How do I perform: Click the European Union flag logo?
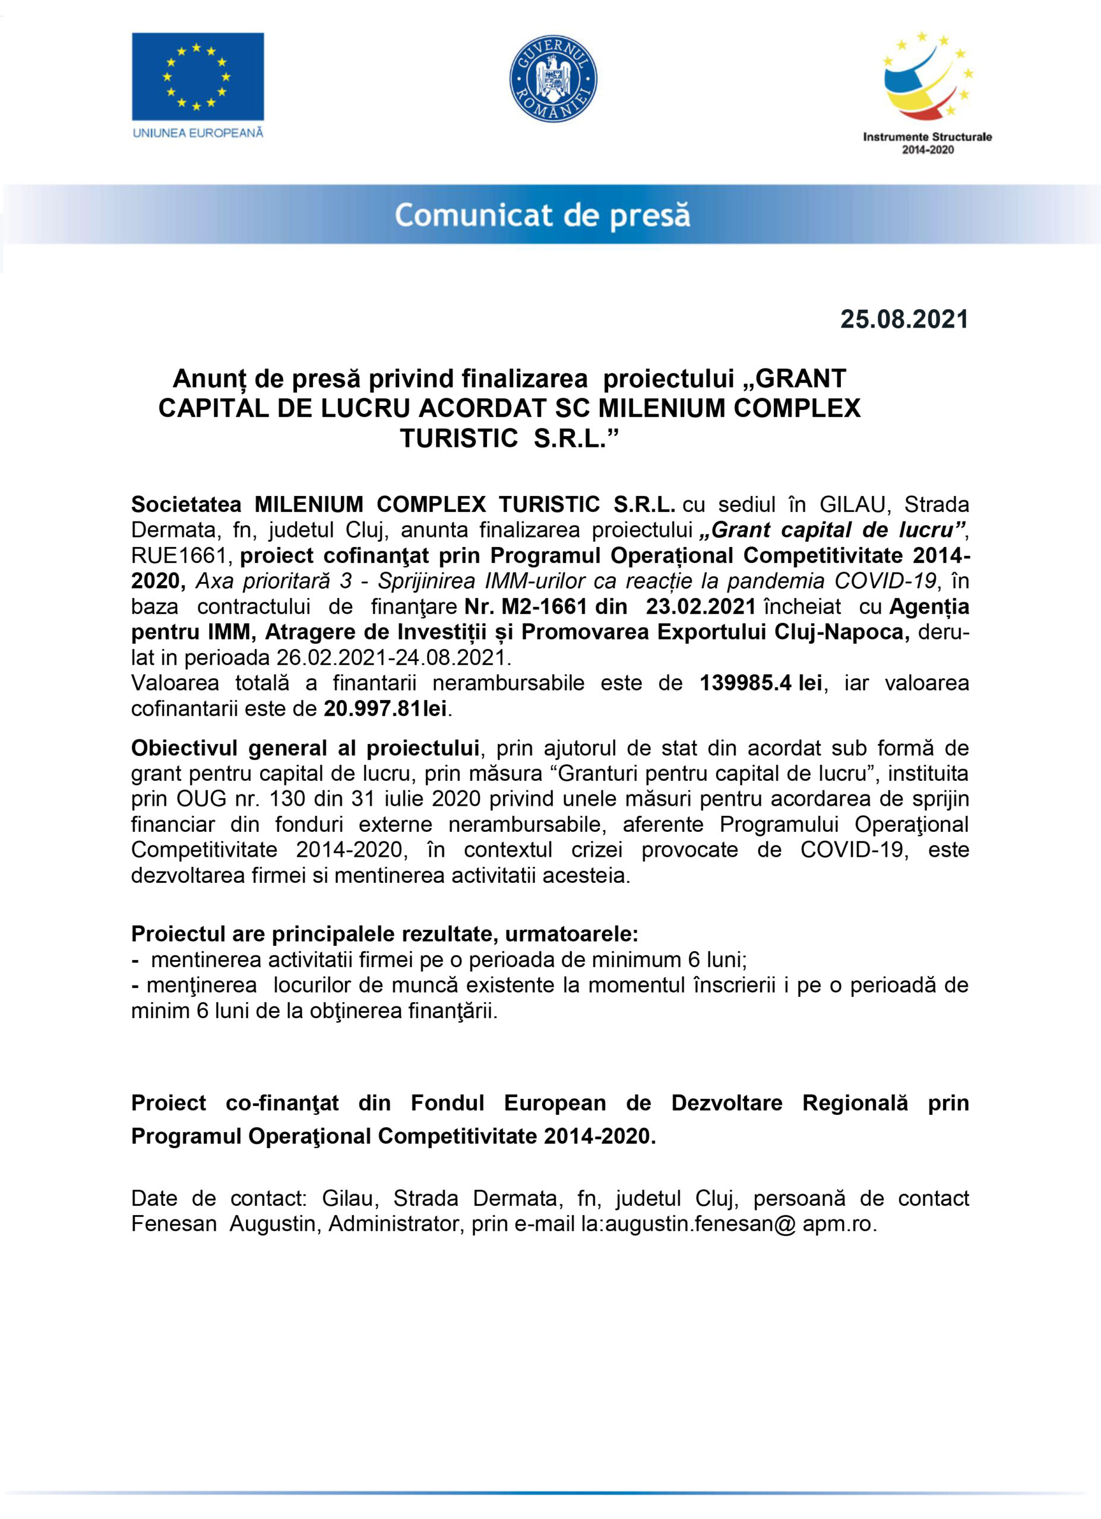tap(198, 77)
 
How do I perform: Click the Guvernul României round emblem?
tap(553, 78)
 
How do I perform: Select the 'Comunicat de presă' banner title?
tap(542, 215)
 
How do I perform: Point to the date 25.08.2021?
tap(904, 319)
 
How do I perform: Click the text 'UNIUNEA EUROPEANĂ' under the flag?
tap(198, 132)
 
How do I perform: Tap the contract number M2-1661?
tap(544, 607)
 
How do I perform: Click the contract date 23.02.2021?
tap(700, 607)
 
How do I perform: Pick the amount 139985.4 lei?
tap(761, 683)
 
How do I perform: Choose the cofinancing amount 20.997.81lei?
tap(385, 708)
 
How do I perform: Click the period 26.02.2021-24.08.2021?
tap(393, 657)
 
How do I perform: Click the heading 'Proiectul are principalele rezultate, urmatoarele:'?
tap(385, 933)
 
